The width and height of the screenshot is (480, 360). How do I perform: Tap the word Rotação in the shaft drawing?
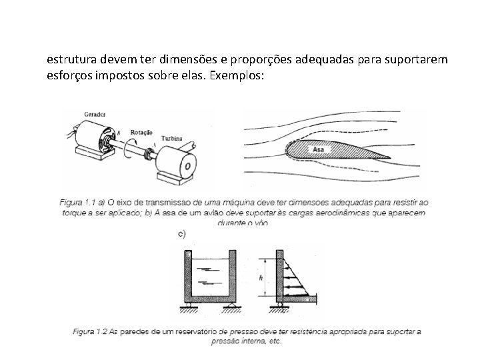(x=141, y=133)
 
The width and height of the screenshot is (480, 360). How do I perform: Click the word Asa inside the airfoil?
(x=319, y=150)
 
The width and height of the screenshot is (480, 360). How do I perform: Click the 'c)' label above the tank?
(x=181, y=234)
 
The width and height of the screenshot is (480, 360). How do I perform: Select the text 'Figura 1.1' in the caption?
(x=75, y=202)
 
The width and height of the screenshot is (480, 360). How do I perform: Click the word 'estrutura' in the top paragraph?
(x=69, y=60)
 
